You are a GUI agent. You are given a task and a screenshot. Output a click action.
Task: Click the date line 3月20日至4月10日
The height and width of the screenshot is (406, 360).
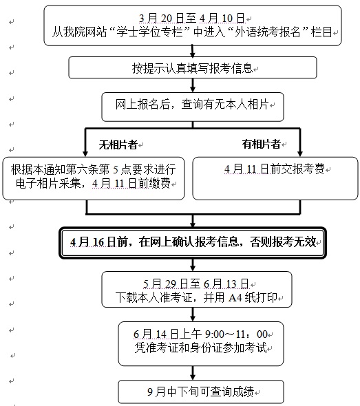click(x=191, y=19)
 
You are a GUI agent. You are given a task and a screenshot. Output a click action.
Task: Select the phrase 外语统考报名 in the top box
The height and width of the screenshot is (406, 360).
click(x=267, y=32)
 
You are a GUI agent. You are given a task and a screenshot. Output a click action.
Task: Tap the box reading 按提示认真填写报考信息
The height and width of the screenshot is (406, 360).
click(x=193, y=67)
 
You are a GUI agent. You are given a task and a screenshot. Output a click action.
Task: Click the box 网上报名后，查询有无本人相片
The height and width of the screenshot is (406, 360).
click(x=193, y=107)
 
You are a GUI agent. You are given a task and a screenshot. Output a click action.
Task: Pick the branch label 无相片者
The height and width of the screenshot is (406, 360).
click(x=118, y=145)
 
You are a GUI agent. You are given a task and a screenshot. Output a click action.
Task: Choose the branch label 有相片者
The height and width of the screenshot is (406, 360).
click(x=262, y=144)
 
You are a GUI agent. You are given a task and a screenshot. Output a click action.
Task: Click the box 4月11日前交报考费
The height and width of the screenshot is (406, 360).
click(x=275, y=178)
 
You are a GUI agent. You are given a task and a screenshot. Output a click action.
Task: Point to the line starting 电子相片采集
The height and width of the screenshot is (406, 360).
click(x=93, y=184)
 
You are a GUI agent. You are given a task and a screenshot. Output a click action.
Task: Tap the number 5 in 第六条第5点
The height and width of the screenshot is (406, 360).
click(x=116, y=170)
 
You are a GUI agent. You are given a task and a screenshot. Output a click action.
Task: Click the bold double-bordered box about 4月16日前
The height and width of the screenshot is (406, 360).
click(x=193, y=243)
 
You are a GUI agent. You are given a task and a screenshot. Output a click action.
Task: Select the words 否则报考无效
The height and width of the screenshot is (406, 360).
click(x=283, y=242)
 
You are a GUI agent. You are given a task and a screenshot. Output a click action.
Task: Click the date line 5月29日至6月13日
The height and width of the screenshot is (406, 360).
click(x=196, y=284)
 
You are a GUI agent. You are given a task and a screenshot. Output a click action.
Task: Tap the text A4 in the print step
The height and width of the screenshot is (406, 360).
click(x=235, y=298)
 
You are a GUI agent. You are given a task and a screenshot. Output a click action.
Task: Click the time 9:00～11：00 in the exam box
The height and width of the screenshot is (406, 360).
click(x=236, y=334)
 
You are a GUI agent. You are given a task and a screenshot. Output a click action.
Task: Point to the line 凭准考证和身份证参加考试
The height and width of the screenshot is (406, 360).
click(x=200, y=348)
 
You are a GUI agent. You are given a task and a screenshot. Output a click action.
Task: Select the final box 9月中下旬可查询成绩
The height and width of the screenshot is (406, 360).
click(x=201, y=392)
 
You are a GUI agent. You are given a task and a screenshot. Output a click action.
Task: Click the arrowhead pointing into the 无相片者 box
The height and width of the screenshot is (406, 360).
click(x=85, y=153)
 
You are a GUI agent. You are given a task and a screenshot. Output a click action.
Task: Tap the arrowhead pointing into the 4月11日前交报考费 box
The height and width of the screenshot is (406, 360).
click(x=300, y=153)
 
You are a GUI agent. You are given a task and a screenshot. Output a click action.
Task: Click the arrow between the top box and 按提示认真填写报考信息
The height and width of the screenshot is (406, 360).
click(x=193, y=52)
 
